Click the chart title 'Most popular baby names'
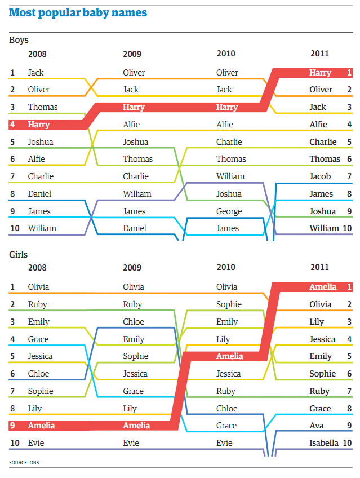pos(78,11)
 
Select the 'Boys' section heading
pos(19,40)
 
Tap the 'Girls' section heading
pos(19,254)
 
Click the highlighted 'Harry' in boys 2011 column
pos(320,73)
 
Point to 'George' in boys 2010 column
pos(229,211)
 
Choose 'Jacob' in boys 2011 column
pos(320,176)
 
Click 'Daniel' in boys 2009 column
pos(134,228)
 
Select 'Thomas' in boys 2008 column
pos(43,107)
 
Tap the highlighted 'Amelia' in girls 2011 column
pos(322,287)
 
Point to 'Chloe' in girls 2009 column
pos(134,322)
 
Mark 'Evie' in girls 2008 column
pos(37,443)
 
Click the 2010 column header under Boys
pos(226,54)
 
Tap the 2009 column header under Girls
pos(132,268)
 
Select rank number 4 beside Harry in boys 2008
pos(12,125)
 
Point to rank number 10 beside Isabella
pos(347,443)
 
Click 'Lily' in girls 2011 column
pos(317,322)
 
